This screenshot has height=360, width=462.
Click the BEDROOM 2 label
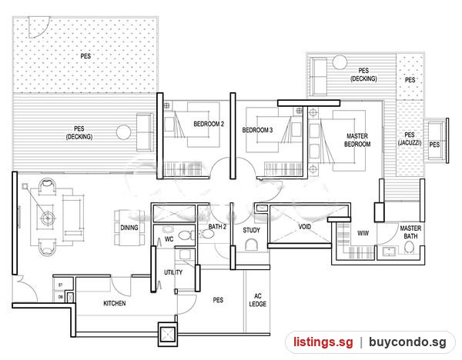(209, 124)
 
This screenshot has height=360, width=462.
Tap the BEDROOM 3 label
(257, 130)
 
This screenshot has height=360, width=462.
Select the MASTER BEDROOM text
(357, 140)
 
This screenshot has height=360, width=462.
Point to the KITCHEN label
(115, 303)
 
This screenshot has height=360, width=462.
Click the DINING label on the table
(129, 228)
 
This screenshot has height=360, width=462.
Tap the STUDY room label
(251, 230)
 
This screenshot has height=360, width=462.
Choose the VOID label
(305, 227)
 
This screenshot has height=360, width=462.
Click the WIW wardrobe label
(363, 233)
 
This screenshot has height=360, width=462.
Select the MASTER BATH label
(410, 232)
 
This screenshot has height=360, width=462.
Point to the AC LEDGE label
(257, 300)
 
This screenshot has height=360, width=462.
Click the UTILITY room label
(173, 272)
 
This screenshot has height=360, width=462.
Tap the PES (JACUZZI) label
(410, 139)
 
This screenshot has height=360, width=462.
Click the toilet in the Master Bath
(409, 247)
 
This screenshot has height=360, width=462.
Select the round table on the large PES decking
(123, 132)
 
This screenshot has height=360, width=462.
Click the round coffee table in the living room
(47, 218)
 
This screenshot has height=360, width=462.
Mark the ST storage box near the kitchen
(60, 285)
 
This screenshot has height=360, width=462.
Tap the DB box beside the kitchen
(60, 297)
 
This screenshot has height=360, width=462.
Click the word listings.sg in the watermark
(323, 342)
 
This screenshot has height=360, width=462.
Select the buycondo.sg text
(407, 342)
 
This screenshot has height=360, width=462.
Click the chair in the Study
(251, 245)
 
